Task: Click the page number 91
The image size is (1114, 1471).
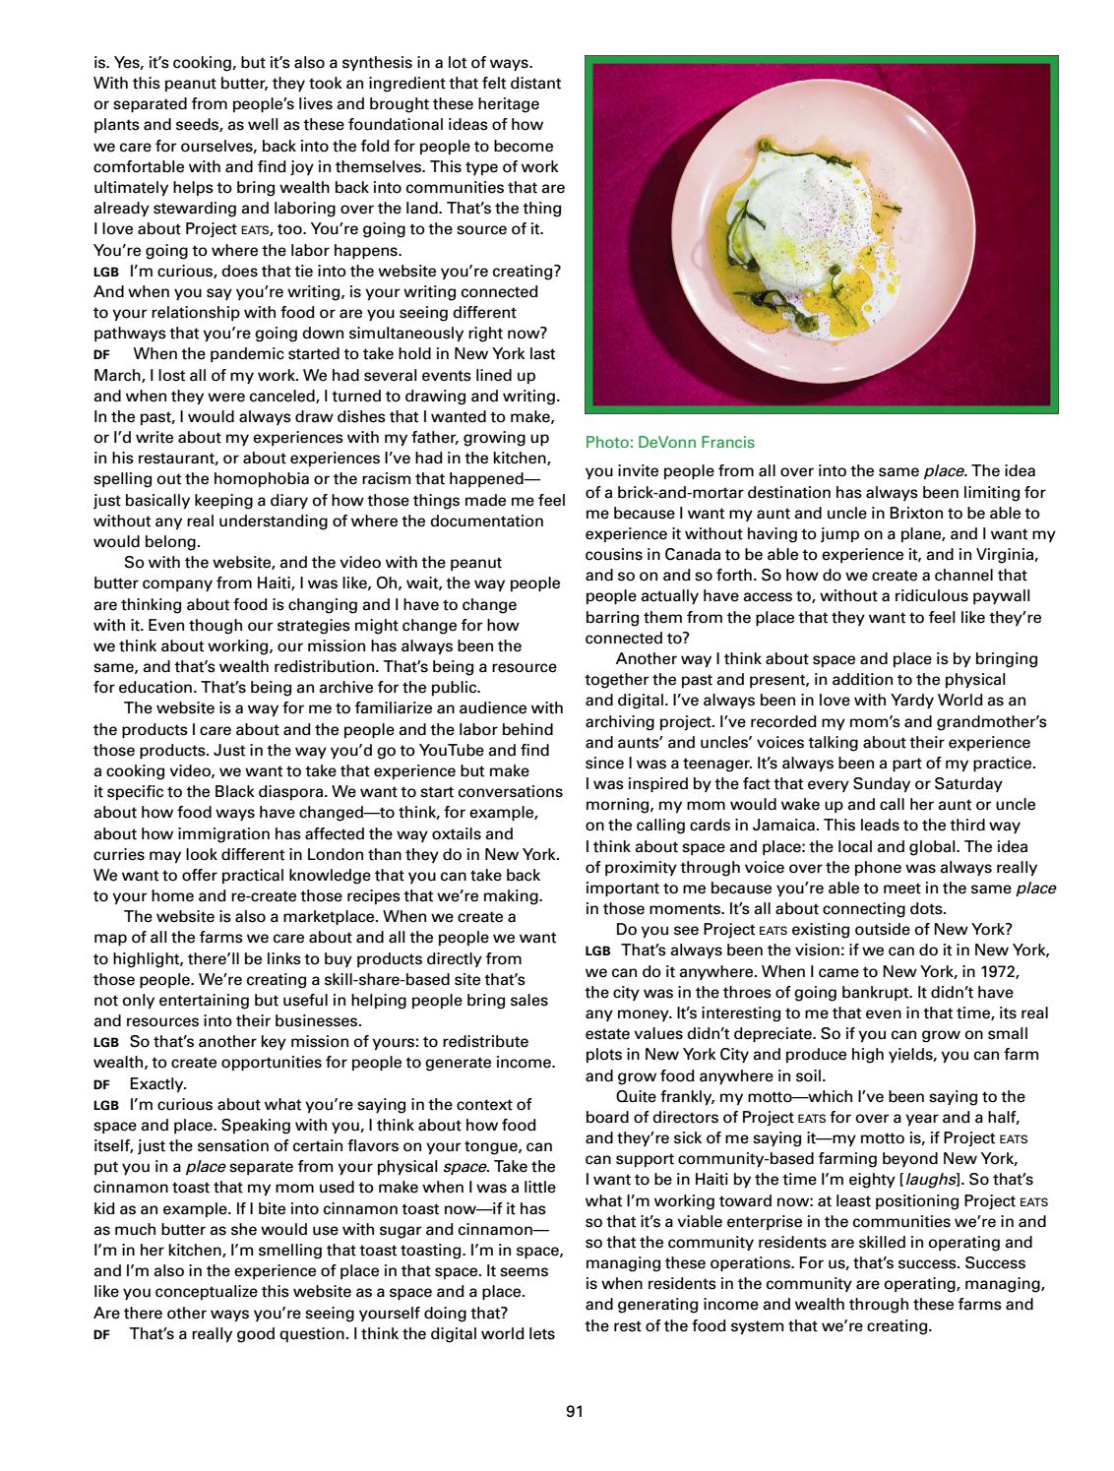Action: pos(575,1412)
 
